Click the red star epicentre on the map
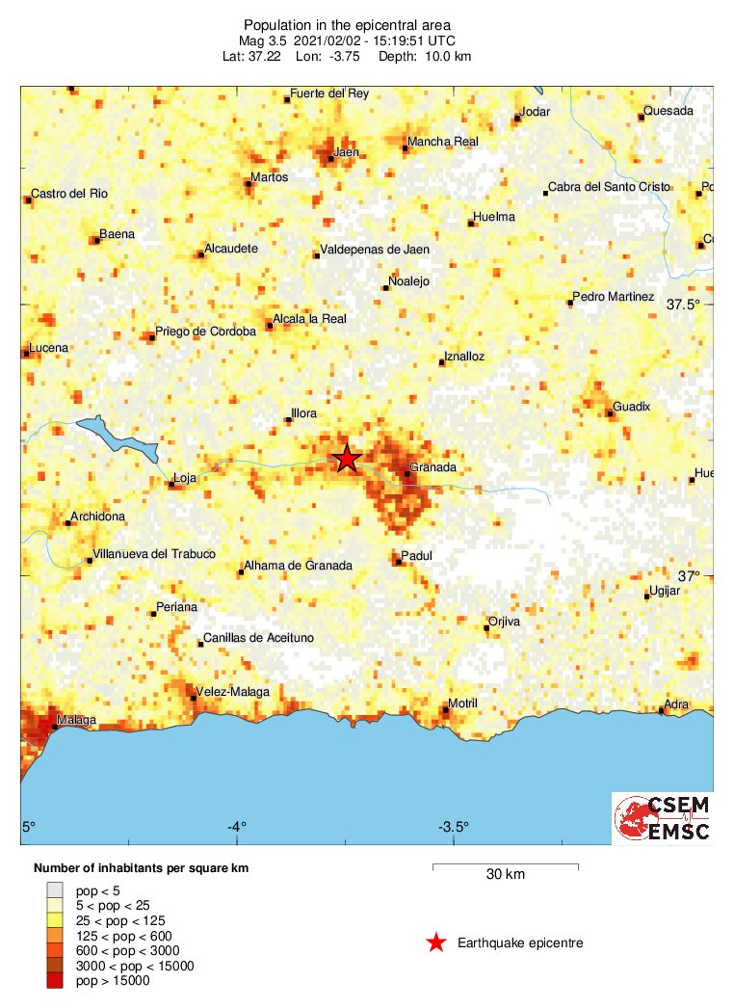347,459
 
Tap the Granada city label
432,469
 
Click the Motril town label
465,704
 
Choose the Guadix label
632,407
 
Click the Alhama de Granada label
298,566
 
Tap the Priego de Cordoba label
205,332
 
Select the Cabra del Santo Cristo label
609,187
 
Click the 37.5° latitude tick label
684,305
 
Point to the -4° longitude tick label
237,827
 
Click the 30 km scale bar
505,867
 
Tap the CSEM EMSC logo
662,817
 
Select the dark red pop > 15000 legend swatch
54,980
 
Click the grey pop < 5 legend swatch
54,890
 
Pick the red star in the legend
436,942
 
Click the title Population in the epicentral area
347,24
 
